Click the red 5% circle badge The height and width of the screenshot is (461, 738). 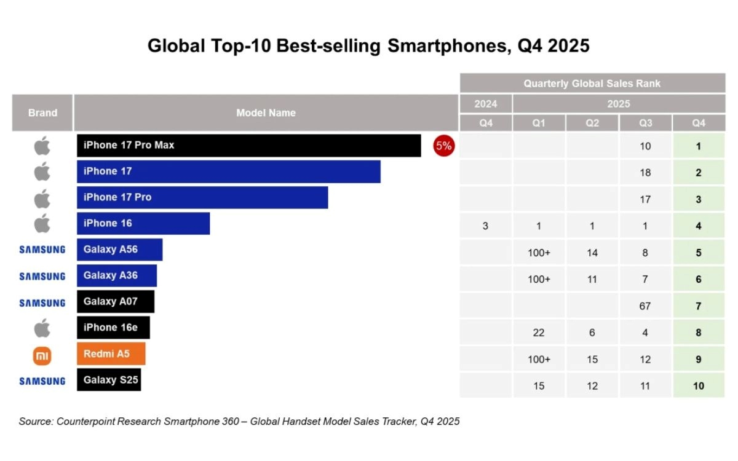443,146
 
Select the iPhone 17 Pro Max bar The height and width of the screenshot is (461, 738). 248,146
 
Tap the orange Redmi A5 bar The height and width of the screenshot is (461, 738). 111,354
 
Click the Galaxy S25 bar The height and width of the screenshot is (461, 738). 108,380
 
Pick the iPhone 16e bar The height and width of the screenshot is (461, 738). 113,328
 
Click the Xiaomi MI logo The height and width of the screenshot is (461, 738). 42,355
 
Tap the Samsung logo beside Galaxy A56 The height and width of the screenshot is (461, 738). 42,250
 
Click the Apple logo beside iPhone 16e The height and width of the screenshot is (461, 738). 42,328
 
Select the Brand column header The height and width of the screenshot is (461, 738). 42,112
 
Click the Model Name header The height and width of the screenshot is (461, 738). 266,112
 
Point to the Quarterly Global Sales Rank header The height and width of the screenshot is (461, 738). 592,84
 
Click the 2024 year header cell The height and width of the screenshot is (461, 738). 485,104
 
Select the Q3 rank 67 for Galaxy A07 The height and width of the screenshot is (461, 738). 645,306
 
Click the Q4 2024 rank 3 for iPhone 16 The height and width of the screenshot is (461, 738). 485,226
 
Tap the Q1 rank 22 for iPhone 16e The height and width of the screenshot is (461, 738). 539,333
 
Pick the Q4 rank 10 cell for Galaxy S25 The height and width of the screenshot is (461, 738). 698,386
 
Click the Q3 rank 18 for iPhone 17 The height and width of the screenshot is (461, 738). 645,173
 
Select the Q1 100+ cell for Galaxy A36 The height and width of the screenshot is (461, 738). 539,279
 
